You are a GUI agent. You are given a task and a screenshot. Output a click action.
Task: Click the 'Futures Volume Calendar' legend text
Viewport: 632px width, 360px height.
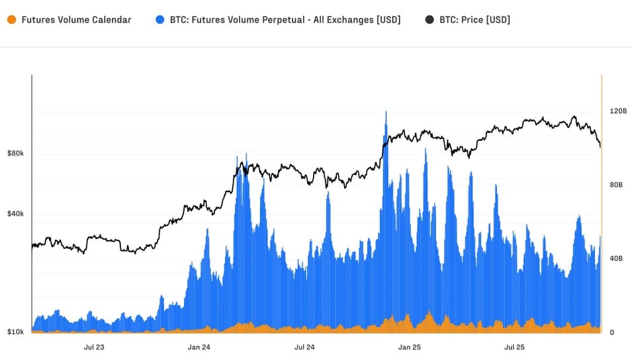(x=76, y=20)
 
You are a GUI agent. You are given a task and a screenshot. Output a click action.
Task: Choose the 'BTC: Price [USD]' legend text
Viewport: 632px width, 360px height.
(x=474, y=20)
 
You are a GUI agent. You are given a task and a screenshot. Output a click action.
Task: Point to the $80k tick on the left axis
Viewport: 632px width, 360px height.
(x=16, y=154)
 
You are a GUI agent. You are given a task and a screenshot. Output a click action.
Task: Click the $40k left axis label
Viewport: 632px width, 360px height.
(x=16, y=214)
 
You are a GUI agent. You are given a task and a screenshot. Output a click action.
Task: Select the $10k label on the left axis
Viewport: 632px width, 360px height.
(x=16, y=332)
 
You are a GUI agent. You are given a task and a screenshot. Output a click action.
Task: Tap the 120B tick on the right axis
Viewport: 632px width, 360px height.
(x=617, y=111)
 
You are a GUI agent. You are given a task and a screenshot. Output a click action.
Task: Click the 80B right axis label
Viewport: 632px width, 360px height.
(x=615, y=185)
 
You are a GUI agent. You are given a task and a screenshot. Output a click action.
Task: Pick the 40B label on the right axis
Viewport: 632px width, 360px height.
(x=615, y=259)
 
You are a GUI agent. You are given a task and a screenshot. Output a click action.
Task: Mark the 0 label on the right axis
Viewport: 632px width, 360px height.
(x=611, y=332)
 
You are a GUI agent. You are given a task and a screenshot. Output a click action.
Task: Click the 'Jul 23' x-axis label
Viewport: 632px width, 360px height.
(x=94, y=347)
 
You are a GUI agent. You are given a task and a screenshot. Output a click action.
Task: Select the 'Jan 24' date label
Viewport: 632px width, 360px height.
(x=199, y=347)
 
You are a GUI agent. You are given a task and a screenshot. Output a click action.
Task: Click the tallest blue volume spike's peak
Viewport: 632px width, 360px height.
(x=386, y=112)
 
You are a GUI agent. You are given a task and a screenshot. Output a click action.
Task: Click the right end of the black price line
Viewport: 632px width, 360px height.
(x=600, y=147)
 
